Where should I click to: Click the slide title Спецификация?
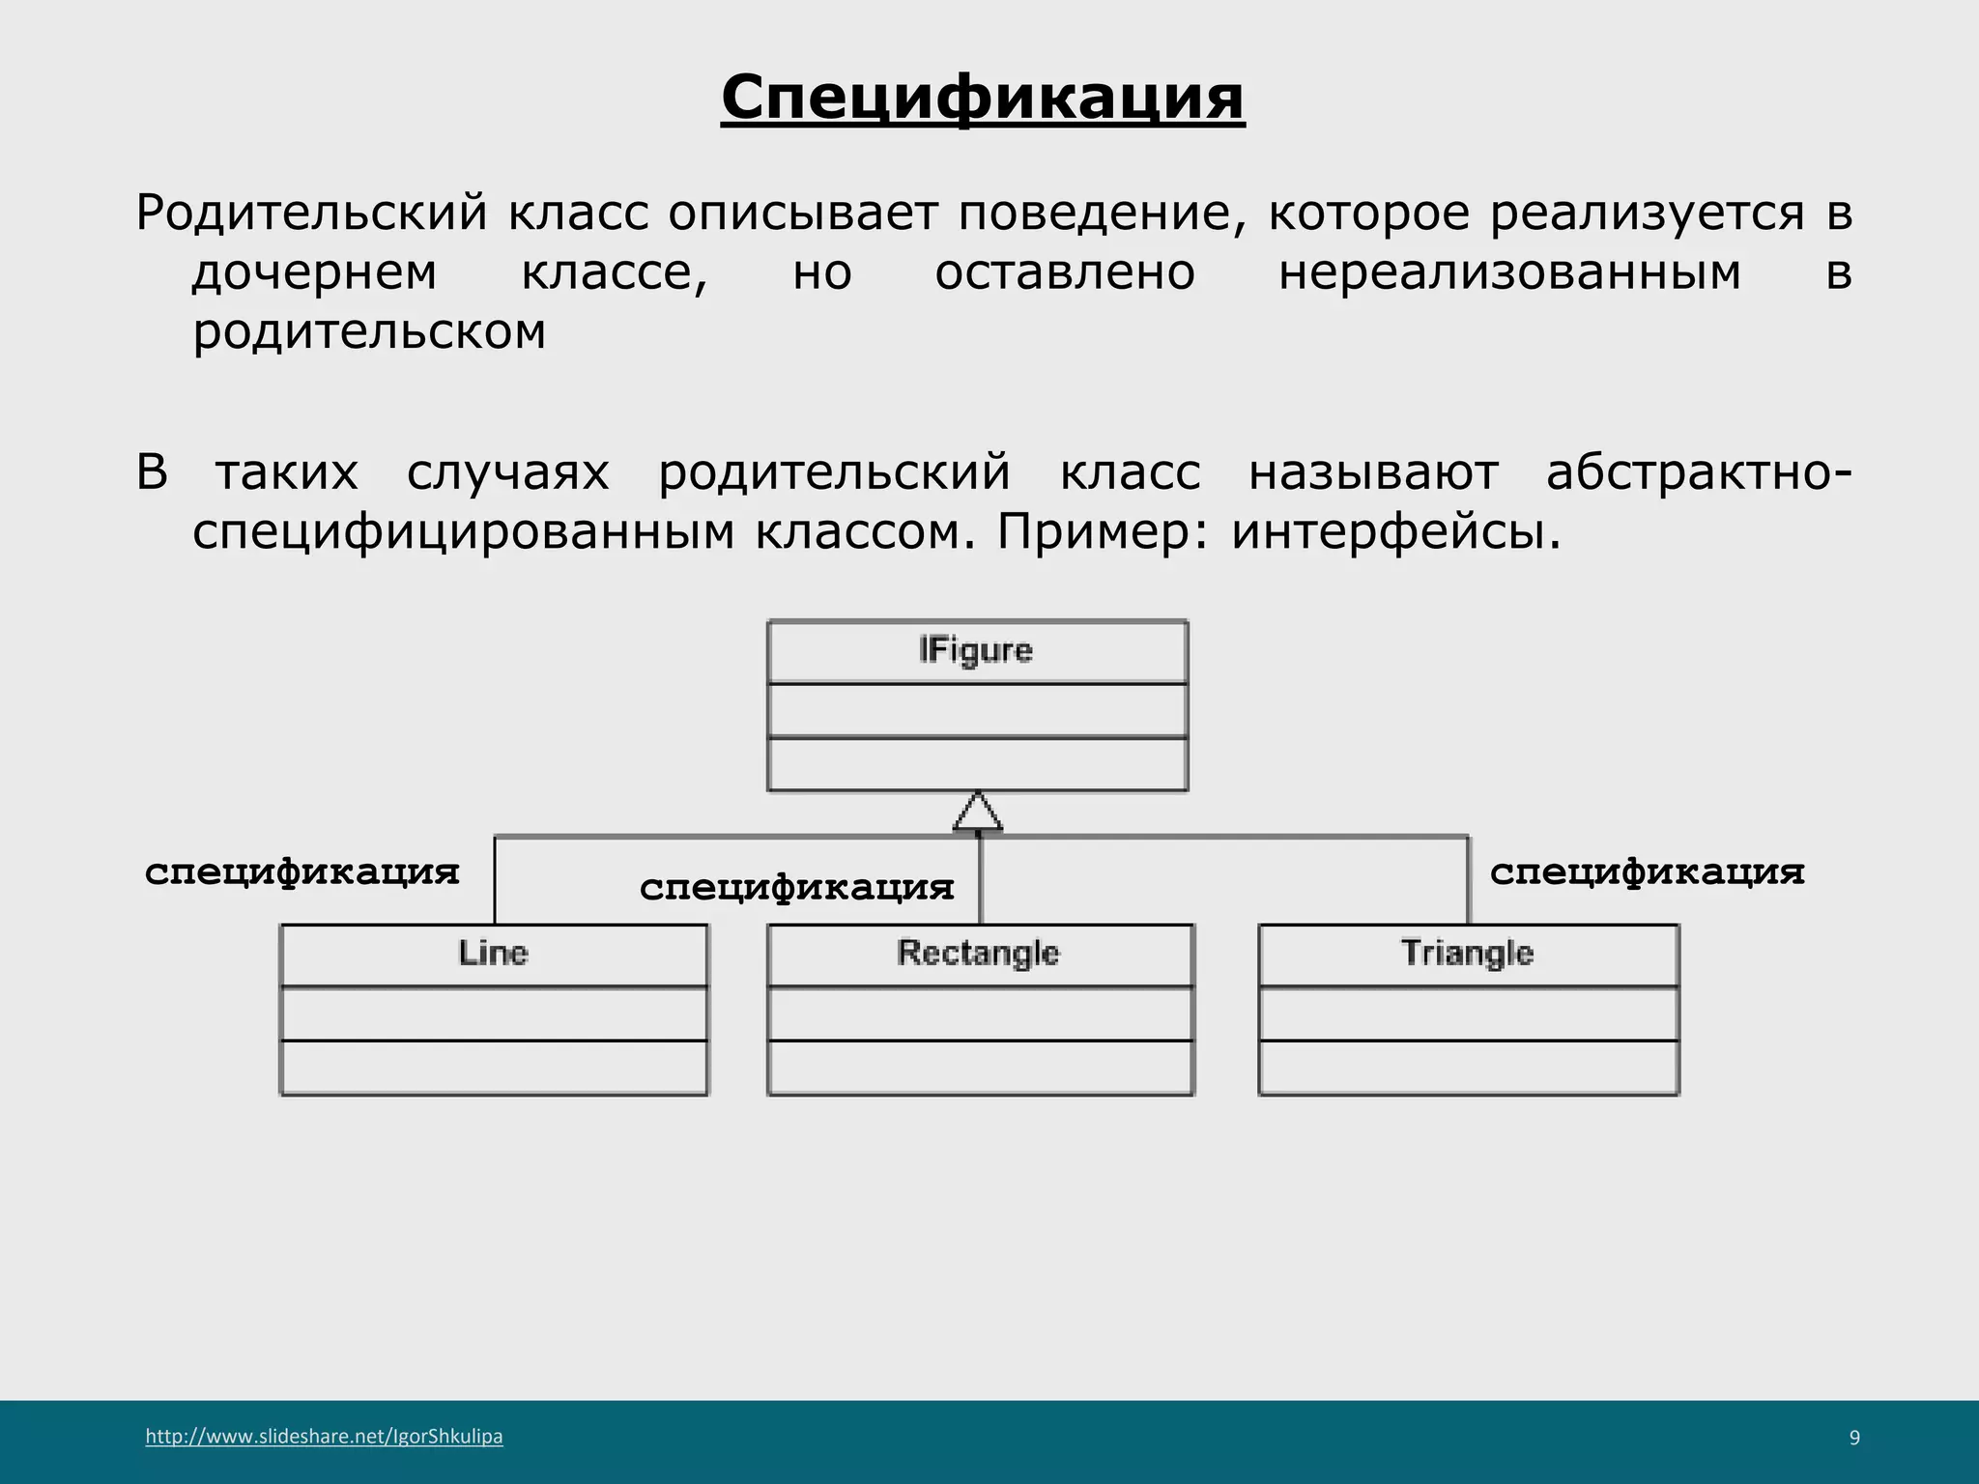tap(982, 99)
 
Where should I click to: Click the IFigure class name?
tap(976, 651)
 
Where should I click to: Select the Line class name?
tap(493, 954)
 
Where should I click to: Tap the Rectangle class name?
tap(978, 954)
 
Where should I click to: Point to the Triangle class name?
tap(1467, 954)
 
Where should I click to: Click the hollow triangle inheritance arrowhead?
tap(978, 813)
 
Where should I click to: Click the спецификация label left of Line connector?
tap(301, 871)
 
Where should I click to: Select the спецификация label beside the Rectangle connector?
tap(796, 887)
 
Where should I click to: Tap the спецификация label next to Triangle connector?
tap(1647, 871)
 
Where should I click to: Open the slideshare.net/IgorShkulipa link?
tap(324, 1437)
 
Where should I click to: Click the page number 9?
tap(1854, 1438)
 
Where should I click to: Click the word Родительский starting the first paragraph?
tap(311, 213)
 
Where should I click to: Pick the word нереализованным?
tap(1509, 272)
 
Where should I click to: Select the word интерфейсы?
tap(1395, 531)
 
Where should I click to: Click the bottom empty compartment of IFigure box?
tap(977, 764)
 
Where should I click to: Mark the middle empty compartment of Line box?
tap(493, 1013)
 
